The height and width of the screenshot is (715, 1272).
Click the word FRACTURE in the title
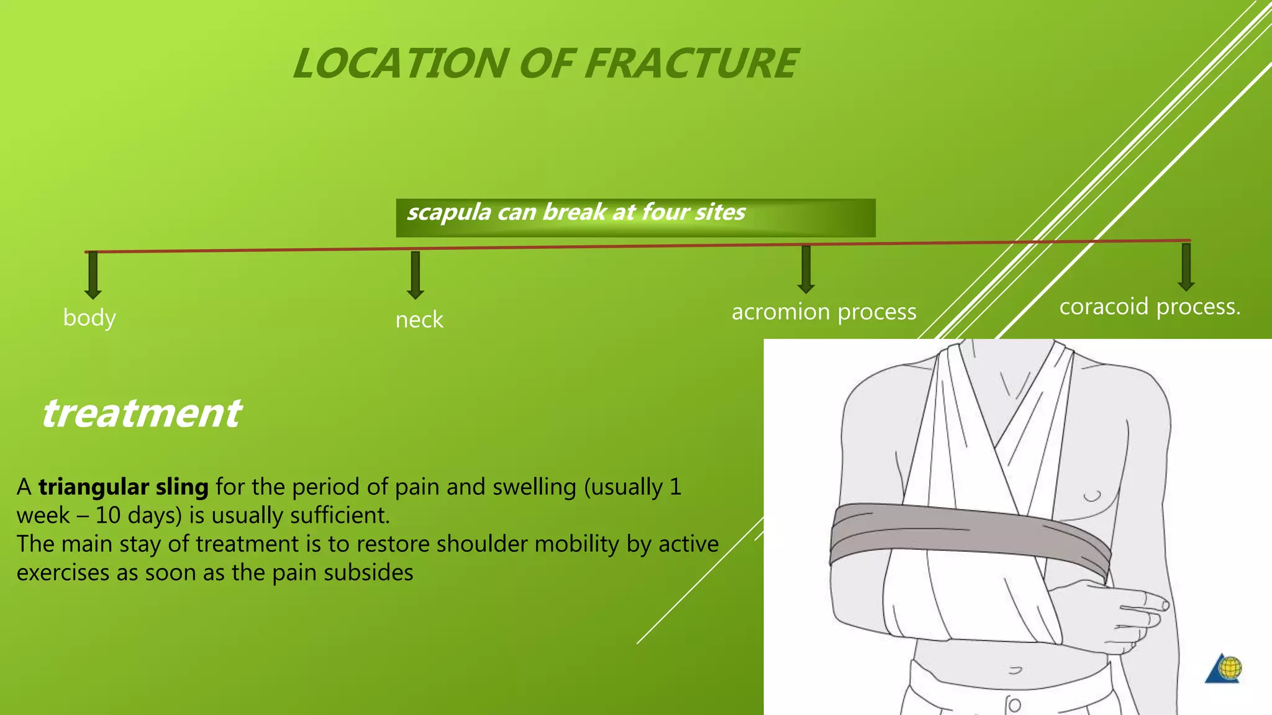pos(691,64)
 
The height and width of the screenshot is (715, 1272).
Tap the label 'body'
pos(89,318)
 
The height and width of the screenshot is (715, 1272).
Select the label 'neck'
pos(419,320)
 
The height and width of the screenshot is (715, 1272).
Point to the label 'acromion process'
pos(824,312)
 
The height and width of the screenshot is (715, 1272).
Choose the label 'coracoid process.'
pos(1149,307)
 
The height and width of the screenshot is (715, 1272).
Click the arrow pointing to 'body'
pos(93,275)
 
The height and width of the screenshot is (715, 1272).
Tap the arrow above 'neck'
pos(416,275)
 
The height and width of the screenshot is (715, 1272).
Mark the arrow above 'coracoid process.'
pos(1186,267)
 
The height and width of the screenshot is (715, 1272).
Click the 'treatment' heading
pos(141,413)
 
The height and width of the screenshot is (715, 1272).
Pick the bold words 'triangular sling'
pos(123,487)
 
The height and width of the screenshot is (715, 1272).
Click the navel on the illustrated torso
pos(1015,670)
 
